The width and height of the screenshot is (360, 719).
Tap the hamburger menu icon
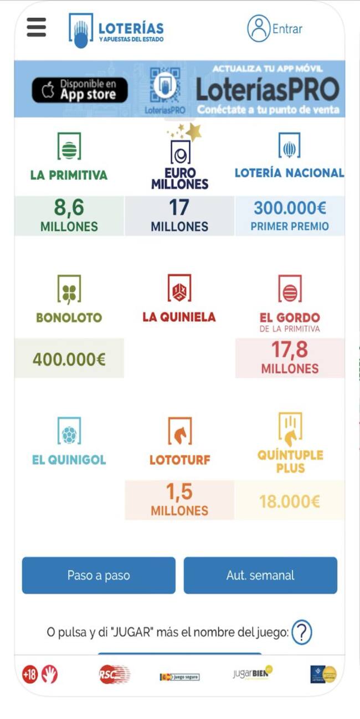point(37,27)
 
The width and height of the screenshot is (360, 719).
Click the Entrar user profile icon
point(258,29)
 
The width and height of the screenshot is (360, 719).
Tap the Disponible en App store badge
point(80,90)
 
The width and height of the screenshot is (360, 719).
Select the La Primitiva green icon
point(69,147)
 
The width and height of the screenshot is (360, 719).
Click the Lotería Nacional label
point(289,173)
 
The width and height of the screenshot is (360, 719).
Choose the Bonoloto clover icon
point(69,289)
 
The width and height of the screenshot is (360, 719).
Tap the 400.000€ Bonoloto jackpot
point(69,359)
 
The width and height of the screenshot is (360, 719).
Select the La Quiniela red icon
point(179,289)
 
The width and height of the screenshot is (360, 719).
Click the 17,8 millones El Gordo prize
point(290,358)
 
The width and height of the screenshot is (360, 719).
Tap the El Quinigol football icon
point(69,432)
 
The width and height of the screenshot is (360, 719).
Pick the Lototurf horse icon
point(179,432)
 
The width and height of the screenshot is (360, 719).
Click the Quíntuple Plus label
point(290,461)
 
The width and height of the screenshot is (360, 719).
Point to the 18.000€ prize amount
point(290,501)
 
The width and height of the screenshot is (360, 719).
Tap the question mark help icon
point(302,632)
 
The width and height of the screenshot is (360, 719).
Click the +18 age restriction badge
point(29,674)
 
